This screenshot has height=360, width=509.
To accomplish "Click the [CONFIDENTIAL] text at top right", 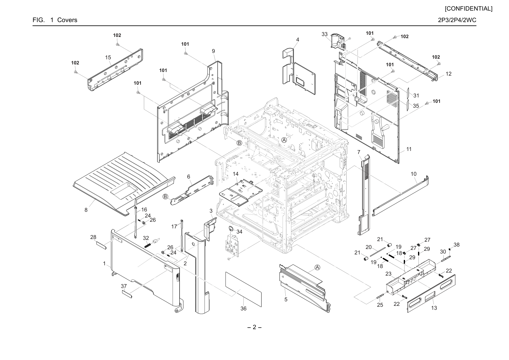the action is tap(468, 9).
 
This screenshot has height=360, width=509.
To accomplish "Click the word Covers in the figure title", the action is tap(67, 20).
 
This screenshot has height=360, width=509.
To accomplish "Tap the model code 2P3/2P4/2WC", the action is tap(457, 20).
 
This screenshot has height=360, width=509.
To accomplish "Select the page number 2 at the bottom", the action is tap(254, 327).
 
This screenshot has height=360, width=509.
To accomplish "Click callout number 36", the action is tap(243, 308).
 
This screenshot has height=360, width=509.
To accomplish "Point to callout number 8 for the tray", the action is tap(86, 210).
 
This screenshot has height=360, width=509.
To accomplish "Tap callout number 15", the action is tap(108, 57).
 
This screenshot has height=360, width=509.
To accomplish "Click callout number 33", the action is tap(325, 34).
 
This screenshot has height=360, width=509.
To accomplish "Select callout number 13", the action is tap(434, 308).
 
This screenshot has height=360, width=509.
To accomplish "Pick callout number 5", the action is tap(286, 299).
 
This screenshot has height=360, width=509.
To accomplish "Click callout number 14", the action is tap(236, 174).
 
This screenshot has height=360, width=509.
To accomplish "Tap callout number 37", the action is tap(124, 286).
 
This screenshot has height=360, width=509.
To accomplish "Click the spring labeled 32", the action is tap(148, 246).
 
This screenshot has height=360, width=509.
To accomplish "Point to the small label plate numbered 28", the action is tap(101, 246).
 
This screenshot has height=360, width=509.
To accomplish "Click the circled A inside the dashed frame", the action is tap(284, 140).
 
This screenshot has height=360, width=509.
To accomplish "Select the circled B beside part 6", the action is tap(165, 197).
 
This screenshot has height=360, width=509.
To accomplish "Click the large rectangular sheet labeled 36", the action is tap(243, 289).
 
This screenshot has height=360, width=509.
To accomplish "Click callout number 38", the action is tap(456, 245).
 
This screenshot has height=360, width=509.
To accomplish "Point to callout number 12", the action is tap(449, 74).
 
